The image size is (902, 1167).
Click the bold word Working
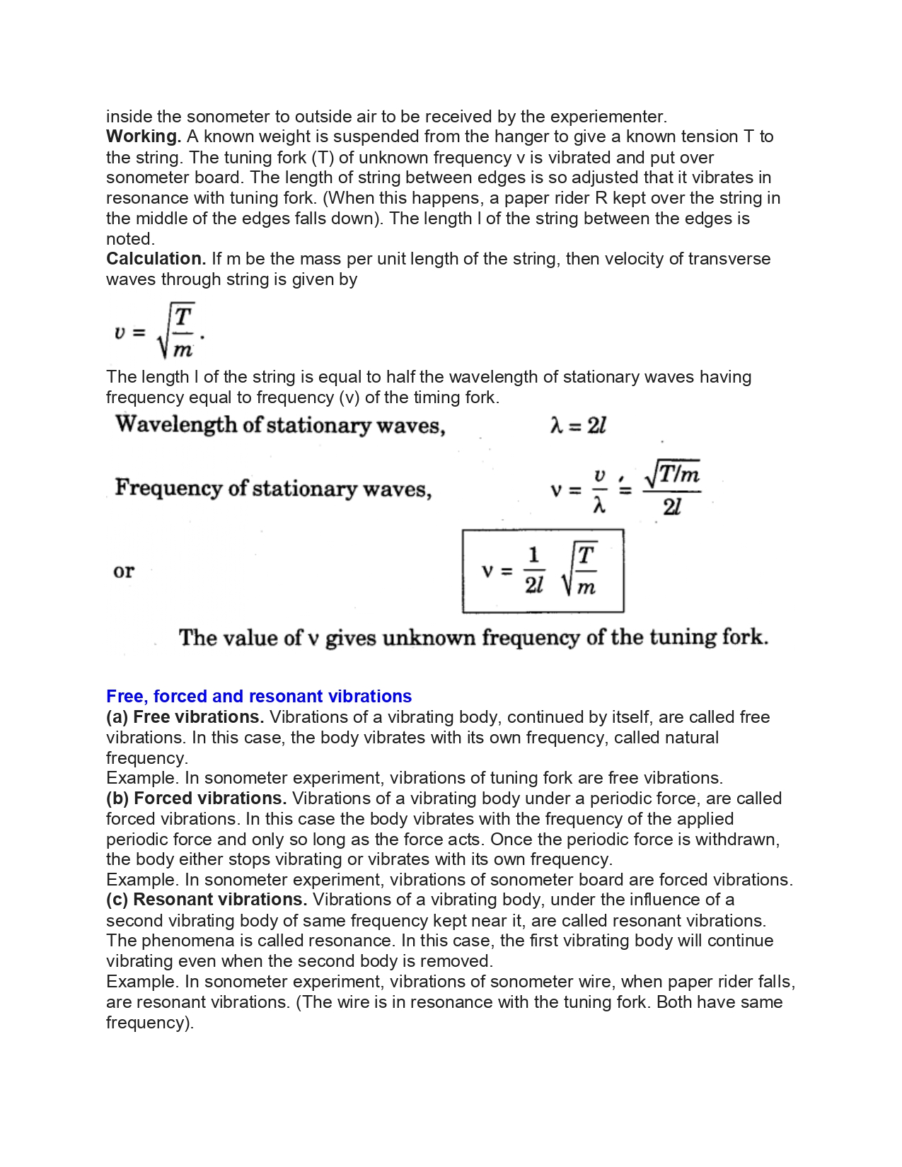144,137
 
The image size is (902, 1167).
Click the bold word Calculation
156,259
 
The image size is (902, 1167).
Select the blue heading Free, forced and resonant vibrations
259,697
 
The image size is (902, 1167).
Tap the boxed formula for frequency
543,571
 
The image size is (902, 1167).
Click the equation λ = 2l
578,426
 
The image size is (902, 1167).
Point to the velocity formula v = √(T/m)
159,331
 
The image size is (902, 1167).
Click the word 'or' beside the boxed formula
123,571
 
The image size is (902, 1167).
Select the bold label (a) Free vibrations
185,717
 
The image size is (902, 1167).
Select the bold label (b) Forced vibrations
196,799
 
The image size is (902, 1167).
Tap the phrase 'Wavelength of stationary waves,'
280,425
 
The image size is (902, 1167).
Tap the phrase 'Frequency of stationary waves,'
273,489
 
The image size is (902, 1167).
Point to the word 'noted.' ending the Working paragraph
130,239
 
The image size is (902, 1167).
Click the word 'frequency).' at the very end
150,1023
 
